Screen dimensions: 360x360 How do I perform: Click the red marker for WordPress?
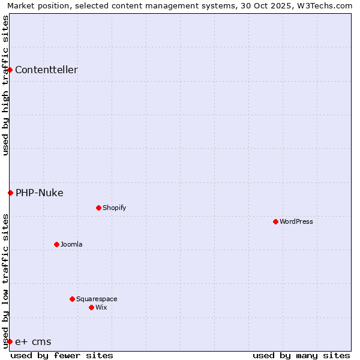coord(275,221)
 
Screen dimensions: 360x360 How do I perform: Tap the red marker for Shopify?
coord(98,208)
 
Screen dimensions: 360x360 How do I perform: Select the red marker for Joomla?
coord(56,244)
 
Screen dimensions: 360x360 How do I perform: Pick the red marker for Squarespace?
coord(72,299)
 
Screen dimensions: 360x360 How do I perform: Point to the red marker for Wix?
coord(91,307)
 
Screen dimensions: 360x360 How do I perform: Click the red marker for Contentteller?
coord(10,70)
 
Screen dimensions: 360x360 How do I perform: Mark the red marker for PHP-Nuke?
coord(10,193)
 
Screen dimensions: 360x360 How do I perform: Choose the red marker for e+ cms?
coord(10,341)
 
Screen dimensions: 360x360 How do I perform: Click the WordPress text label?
coord(296,221)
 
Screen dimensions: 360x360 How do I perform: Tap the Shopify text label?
coord(114,208)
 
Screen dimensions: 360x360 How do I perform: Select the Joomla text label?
coord(71,244)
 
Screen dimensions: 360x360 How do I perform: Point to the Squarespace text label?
coord(97,299)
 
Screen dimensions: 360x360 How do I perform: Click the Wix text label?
coord(101,307)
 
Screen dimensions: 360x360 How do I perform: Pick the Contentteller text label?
coord(46,70)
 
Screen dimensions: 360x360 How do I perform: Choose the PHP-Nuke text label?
coord(39,193)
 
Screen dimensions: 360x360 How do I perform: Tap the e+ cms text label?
coord(33,341)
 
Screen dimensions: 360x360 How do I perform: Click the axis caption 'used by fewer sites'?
coord(62,355)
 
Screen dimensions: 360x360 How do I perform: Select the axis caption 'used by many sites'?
coord(301,355)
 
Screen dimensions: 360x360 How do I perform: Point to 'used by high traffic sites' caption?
coord(5,85)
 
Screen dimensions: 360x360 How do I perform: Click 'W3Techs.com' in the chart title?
coord(325,5)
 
